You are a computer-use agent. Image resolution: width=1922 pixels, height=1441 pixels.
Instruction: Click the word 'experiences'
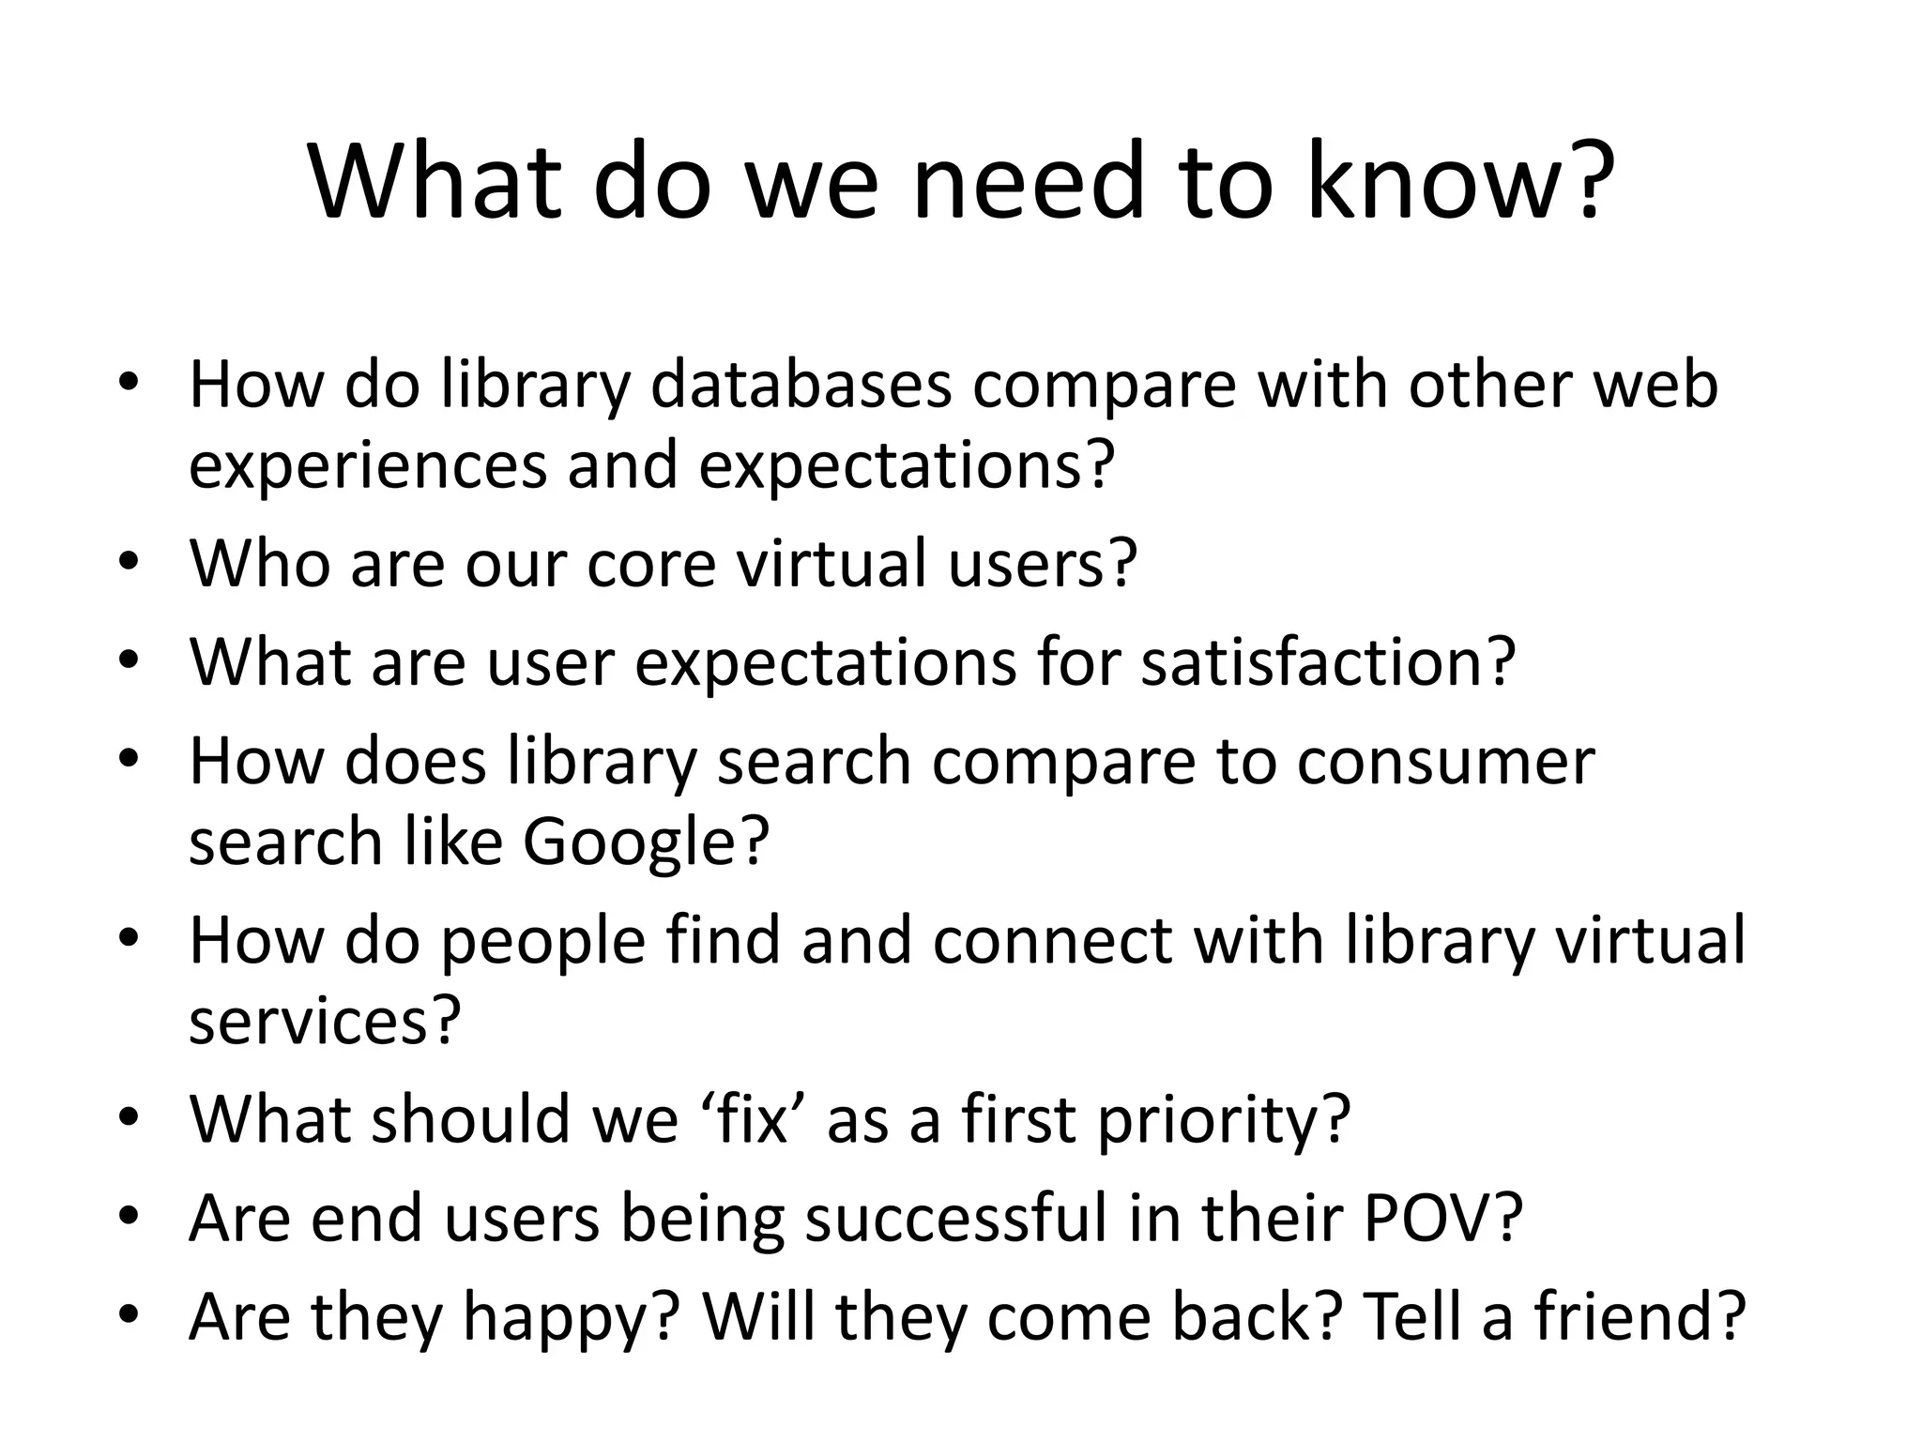click(x=367, y=466)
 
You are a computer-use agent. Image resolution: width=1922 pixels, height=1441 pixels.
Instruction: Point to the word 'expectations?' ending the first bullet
click(x=907, y=466)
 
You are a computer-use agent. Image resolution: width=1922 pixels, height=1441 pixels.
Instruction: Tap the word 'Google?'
click(x=646, y=841)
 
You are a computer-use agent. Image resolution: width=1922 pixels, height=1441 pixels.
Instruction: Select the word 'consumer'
click(x=1451, y=760)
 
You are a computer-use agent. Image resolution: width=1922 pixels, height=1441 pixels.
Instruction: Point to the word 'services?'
click(x=326, y=1021)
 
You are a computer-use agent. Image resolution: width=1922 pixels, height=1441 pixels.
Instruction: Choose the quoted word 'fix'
click(x=751, y=1118)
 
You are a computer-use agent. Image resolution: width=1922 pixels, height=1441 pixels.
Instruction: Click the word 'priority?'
click(x=1224, y=1118)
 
